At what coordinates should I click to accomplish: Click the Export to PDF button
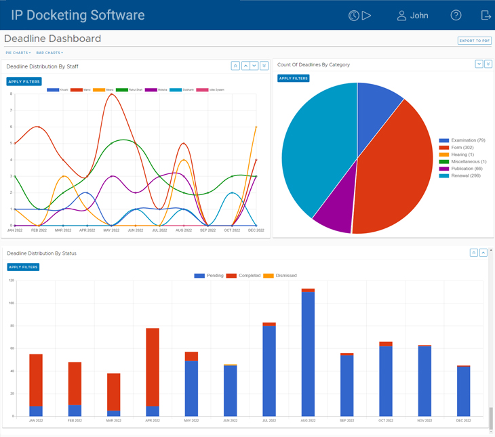(474, 41)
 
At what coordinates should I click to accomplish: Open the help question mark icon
(456, 15)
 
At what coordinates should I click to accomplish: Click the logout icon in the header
(486, 15)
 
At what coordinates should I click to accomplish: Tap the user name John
(418, 15)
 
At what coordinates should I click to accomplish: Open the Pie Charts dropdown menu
(18, 53)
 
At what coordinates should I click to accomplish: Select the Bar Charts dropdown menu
(49, 53)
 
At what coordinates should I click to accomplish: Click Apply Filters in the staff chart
(24, 82)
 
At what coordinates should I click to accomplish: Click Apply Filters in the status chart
(23, 267)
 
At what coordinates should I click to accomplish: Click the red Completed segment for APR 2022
(153, 366)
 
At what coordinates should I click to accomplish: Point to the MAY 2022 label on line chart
(111, 230)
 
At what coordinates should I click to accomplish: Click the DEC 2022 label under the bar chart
(464, 421)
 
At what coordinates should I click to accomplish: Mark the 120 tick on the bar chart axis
(11, 280)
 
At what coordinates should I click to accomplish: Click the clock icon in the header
(353, 15)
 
